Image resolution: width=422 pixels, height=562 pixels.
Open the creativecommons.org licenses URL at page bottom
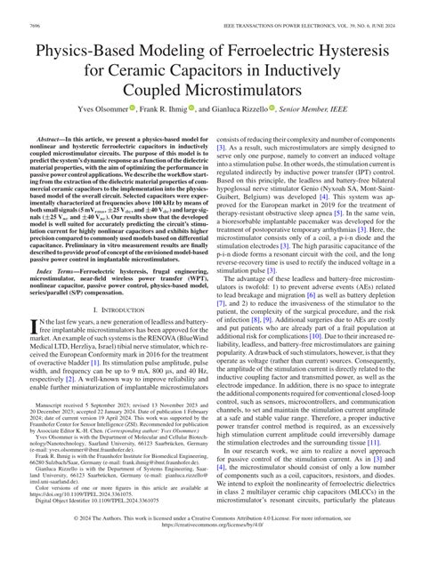pyautogui.click(x=211, y=551)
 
